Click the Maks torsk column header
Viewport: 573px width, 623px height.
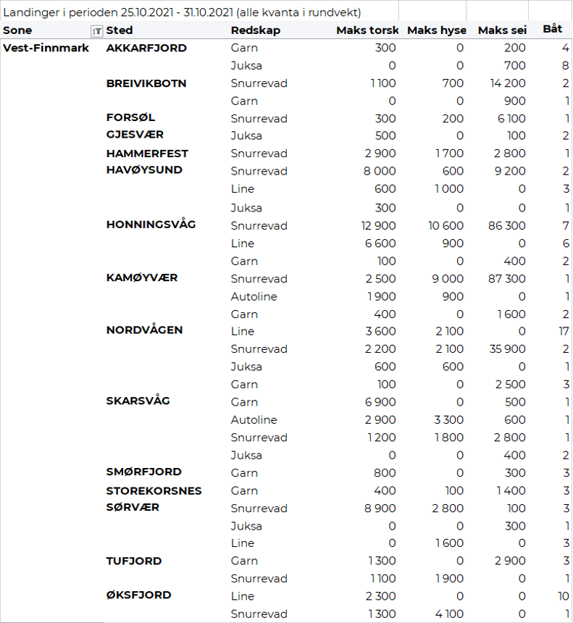[367, 30]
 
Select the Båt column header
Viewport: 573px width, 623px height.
[552, 30]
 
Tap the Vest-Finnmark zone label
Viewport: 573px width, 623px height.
[46, 48]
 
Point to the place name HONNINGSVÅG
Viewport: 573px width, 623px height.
[151, 225]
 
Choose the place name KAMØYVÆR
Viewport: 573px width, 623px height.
[142, 278]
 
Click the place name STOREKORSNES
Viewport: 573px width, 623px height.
[154, 490]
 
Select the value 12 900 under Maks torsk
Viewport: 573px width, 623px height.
[378, 225]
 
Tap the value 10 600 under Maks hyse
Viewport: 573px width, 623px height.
[446, 225]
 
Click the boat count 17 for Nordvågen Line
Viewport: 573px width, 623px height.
[562, 331]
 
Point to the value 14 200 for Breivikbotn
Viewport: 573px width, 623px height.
[507, 83]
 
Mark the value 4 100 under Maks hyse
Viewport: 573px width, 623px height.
[449, 614]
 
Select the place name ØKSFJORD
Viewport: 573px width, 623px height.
[139, 595]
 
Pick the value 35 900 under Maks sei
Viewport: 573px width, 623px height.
[506, 348]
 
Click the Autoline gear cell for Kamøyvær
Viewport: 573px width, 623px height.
[254, 296]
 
